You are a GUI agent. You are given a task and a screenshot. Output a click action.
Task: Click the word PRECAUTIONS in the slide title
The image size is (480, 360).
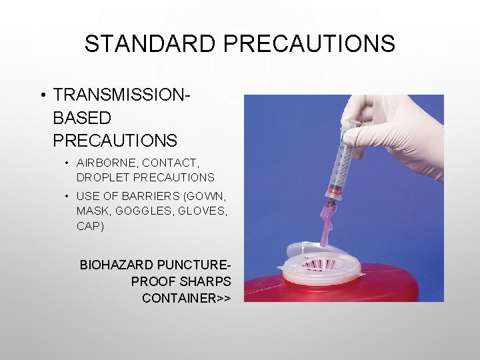pyautogui.click(x=309, y=44)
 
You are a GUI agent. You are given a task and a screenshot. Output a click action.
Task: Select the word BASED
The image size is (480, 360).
pyautogui.click(x=81, y=118)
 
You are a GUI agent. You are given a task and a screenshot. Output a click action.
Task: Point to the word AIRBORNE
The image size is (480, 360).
pyautogui.click(x=103, y=163)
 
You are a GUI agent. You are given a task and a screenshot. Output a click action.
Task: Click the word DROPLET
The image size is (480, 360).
pyautogui.click(x=103, y=177)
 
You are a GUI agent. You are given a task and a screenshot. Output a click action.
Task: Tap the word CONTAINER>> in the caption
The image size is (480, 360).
pyautogui.click(x=187, y=298)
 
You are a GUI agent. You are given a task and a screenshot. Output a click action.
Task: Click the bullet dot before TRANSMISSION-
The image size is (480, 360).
pyautogui.click(x=42, y=96)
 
